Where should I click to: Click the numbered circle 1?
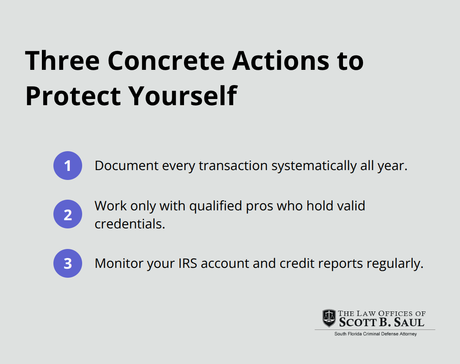pos(68,166)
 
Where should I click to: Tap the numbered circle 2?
pos(68,214)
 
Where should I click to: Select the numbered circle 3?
pos(68,263)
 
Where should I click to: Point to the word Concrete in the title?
pos(166,61)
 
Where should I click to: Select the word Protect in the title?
pos(73,96)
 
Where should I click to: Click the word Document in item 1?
pos(126,166)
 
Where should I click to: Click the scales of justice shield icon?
pos(329,318)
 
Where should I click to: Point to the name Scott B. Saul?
pos(382,322)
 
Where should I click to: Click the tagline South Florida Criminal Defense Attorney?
pos(375,334)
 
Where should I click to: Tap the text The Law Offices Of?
pos(382,313)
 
